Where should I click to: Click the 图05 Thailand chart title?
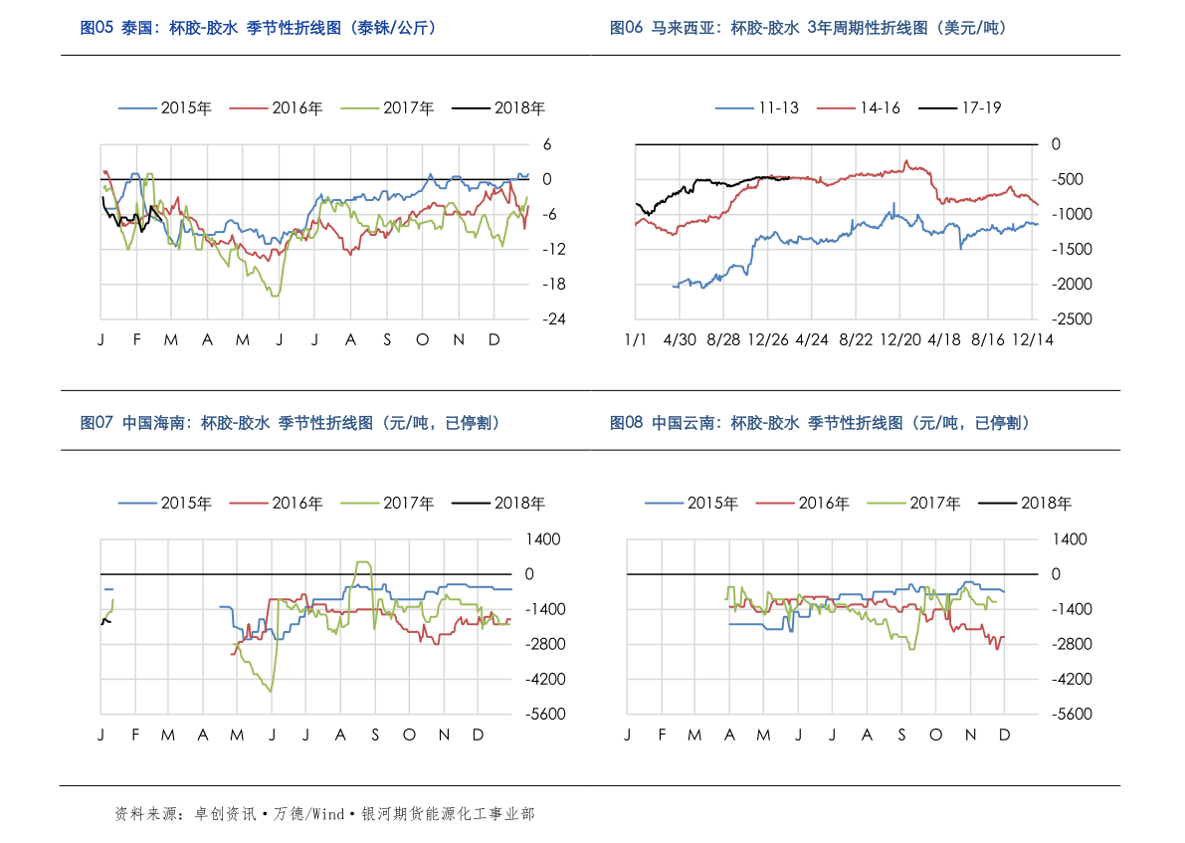point(259,28)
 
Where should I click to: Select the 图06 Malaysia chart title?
point(809,28)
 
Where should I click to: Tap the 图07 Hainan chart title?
point(291,423)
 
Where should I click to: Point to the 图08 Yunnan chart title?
point(820,423)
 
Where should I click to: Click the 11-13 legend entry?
point(757,108)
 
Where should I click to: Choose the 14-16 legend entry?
point(859,108)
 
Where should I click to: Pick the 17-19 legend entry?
point(960,108)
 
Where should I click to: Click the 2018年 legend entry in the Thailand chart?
point(498,108)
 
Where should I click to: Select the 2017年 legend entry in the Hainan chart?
point(387,504)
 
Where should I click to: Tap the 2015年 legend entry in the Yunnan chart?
point(691,504)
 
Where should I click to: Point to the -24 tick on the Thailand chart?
point(554,319)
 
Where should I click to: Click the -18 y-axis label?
point(554,285)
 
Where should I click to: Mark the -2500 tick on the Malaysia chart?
point(1072,319)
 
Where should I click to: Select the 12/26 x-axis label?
point(768,340)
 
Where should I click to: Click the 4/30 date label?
point(680,340)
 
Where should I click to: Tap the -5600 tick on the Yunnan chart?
point(1072,715)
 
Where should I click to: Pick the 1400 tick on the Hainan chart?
point(543,539)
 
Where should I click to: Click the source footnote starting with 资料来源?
point(325,813)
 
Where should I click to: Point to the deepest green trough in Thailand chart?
point(275,295)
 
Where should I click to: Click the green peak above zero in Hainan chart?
point(363,562)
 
